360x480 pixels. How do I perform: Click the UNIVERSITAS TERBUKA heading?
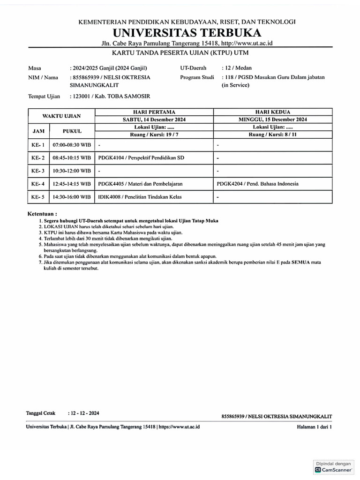[x=186, y=33]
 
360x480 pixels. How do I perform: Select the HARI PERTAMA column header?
[x=154, y=112]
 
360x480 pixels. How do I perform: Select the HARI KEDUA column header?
[x=273, y=112]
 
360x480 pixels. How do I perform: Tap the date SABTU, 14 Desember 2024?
[x=154, y=120]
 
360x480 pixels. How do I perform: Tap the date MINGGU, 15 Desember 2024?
[x=273, y=120]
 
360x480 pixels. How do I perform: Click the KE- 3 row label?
[x=38, y=171]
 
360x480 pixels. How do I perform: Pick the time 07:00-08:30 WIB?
[x=72, y=145]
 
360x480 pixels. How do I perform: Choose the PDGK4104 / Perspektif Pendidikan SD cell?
[x=141, y=158]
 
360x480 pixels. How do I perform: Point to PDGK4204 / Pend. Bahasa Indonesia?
[x=258, y=184]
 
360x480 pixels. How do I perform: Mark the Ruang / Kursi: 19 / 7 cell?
[x=154, y=135]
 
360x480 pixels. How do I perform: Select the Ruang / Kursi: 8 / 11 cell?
[x=273, y=135]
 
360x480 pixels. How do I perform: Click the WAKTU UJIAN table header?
[x=62, y=116]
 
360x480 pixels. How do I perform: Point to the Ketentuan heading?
[x=42, y=213]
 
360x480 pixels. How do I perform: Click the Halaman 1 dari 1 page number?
[x=314, y=427]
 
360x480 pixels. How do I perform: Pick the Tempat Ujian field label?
[x=44, y=97]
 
